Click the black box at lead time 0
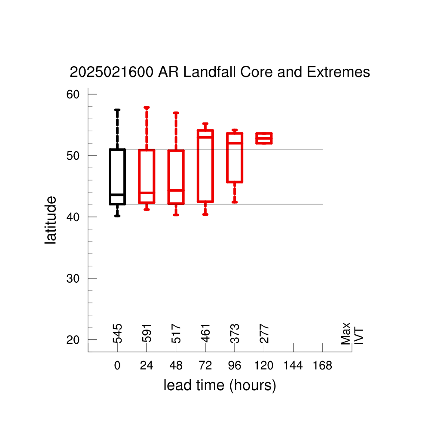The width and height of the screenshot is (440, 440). pos(110,177)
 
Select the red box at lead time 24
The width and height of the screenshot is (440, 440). pos(139,176)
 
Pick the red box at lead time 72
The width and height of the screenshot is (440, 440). pos(198,166)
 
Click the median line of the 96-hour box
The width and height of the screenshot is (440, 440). pos(235,143)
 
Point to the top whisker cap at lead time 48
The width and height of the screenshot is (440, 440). pos(176,113)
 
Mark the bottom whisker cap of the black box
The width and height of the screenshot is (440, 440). pos(117,216)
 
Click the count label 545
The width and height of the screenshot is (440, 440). pos(117,333)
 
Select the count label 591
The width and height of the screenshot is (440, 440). pos(147,333)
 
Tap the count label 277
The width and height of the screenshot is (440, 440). pos(264,333)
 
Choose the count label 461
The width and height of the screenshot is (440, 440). pos(205,333)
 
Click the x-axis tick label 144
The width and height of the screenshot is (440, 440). pos(293,365)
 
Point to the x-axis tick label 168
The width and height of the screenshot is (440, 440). pos(322,365)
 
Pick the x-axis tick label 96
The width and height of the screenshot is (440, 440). pos(235,365)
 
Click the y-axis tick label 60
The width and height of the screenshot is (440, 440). pos(73,94)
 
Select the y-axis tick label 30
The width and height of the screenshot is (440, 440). pos(73,278)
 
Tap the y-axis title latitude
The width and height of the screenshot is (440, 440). pos(51,220)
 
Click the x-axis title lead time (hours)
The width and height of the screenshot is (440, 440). pos(220,385)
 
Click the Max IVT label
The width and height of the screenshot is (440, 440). pos(352,333)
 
